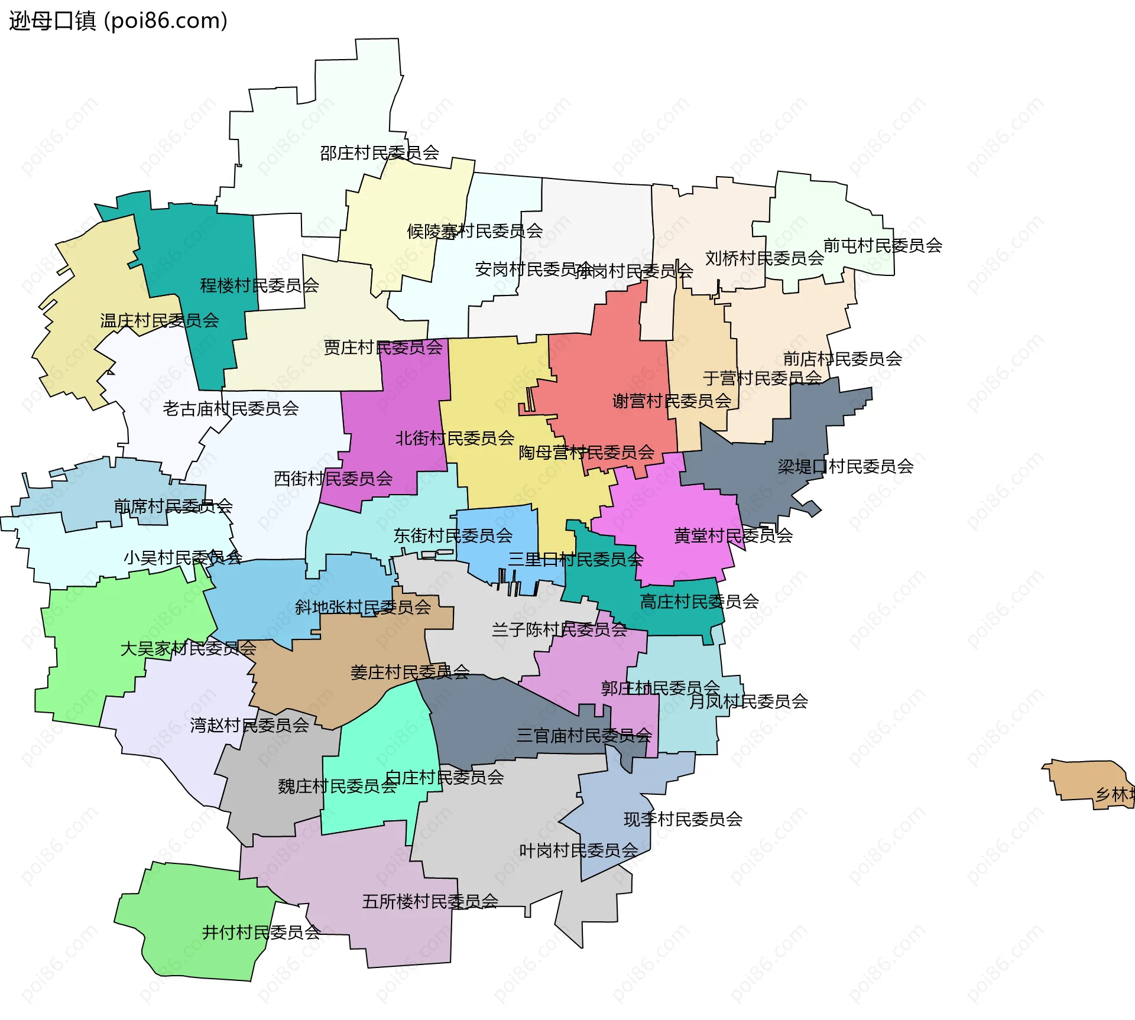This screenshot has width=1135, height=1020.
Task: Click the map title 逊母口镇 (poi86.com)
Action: (118, 21)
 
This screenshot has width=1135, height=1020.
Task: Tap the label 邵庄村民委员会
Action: (380, 153)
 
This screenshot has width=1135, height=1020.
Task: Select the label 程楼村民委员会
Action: (260, 285)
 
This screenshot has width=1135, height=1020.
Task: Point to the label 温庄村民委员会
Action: (160, 320)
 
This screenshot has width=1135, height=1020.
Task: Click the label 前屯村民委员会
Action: (883, 245)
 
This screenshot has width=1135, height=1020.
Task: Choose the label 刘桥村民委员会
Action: (764, 258)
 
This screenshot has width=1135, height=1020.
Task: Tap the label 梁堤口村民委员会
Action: (845, 466)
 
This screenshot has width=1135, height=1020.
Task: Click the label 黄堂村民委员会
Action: (733, 535)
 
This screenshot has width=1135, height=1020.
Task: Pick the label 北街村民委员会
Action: (455, 438)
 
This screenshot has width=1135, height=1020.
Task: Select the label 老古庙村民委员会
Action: (231, 408)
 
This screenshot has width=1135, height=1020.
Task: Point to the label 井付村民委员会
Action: (261, 932)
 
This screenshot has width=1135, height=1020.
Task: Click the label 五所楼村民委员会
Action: (430, 901)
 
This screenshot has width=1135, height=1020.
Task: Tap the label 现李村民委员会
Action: (683, 819)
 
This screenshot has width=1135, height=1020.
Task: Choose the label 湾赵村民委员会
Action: (249, 725)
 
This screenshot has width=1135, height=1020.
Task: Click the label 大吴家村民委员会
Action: (188, 648)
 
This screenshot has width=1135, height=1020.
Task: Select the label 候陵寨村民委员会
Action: (475, 230)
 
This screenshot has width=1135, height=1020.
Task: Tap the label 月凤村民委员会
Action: (748, 701)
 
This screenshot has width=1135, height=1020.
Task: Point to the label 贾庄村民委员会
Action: (383, 347)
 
